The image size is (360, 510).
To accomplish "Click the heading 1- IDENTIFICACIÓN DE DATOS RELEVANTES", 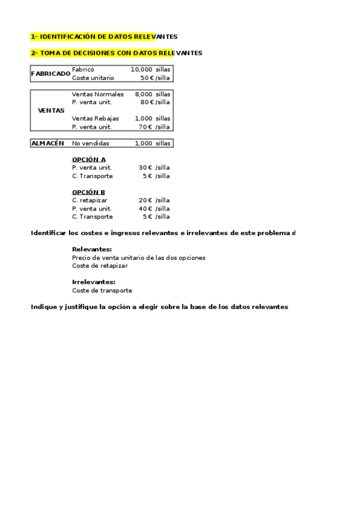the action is click(x=104, y=37).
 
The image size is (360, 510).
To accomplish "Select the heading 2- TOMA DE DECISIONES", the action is click(x=117, y=53).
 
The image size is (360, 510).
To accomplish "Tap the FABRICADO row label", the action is click(x=50, y=73).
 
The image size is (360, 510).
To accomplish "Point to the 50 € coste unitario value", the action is click(x=147, y=78).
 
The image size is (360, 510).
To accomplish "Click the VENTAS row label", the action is click(x=50, y=111).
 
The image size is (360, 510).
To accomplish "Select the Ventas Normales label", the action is click(x=97, y=94).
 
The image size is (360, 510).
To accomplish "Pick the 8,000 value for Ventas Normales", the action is click(x=144, y=94).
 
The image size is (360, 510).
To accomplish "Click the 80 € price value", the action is click(x=147, y=102).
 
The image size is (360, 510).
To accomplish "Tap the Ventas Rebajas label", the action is click(x=96, y=118).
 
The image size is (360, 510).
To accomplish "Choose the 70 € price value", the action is click(x=147, y=127).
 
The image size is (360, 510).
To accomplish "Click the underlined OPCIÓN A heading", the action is click(x=88, y=159).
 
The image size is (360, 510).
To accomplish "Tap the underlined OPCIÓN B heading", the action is click(x=88, y=192).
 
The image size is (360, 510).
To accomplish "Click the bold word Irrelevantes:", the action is click(x=94, y=282).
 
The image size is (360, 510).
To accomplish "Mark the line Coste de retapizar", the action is click(x=100, y=265).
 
